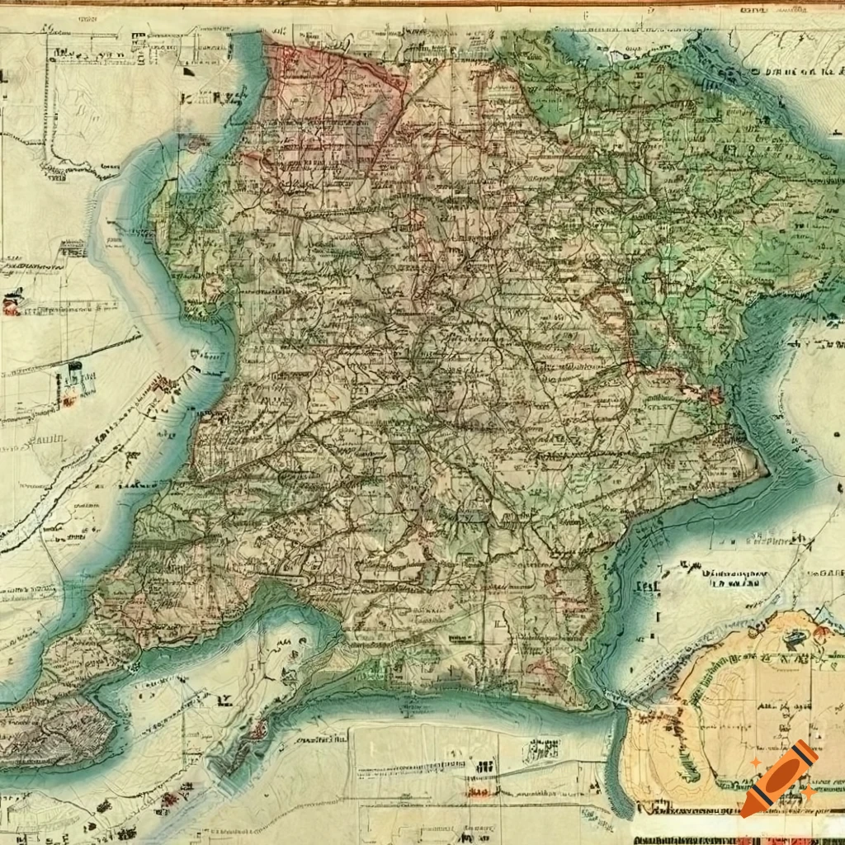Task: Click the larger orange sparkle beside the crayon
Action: coord(810,792)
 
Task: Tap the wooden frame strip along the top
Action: coord(422,3)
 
